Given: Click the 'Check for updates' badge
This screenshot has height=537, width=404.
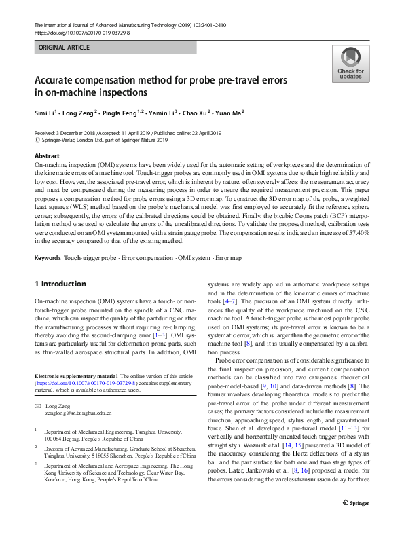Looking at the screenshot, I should [350, 64].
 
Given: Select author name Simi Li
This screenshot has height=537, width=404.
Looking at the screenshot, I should [46, 112].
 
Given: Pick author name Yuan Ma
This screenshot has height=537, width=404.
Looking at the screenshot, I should [231, 112].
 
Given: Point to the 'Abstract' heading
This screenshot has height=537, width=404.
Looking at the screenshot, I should [47, 156].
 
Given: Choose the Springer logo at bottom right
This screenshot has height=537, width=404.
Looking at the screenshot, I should [356, 521].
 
